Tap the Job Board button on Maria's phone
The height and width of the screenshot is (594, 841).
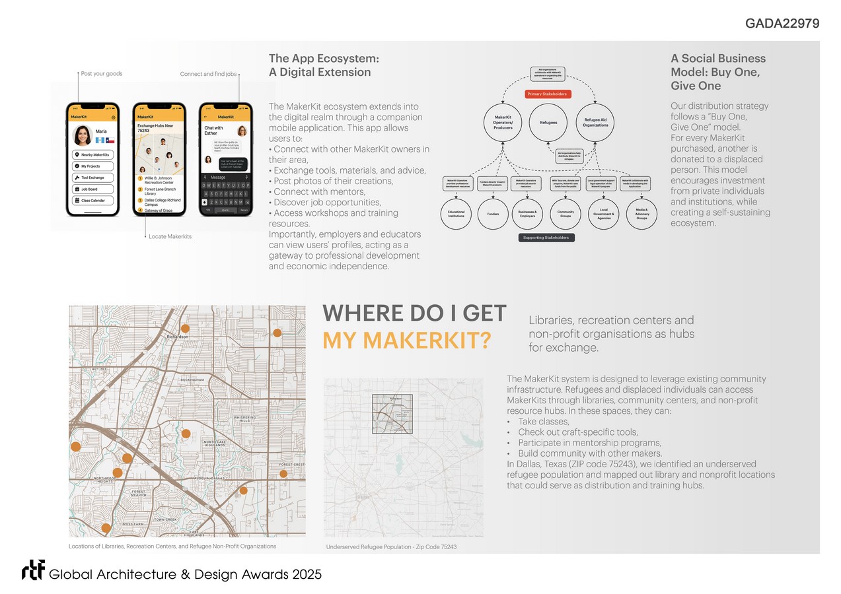tap(92, 189)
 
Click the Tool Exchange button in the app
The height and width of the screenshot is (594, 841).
tap(92, 178)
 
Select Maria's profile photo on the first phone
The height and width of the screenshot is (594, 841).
tap(83, 135)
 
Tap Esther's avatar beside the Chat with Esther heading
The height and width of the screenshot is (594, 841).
tap(242, 131)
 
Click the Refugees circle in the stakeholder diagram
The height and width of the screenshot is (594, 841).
tap(548, 122)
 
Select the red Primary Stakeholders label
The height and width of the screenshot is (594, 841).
tap(548, 94)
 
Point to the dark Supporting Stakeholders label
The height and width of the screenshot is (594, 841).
tap(546, 238)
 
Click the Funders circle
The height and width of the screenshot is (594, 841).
tap(493, 214)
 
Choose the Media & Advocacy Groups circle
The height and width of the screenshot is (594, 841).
tap(641, 214)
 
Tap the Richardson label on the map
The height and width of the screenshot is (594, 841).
tap(177, 337)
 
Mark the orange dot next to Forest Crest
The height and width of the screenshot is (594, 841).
tap(283, 474)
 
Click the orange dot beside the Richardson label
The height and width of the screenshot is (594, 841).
tap(186, 328)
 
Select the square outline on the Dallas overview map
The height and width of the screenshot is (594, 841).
tap(392, 414)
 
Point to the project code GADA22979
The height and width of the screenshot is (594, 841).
tap(782, 24)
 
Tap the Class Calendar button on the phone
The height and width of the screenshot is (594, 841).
tap(92, 201)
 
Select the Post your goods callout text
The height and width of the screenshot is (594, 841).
tap(101, 73)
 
